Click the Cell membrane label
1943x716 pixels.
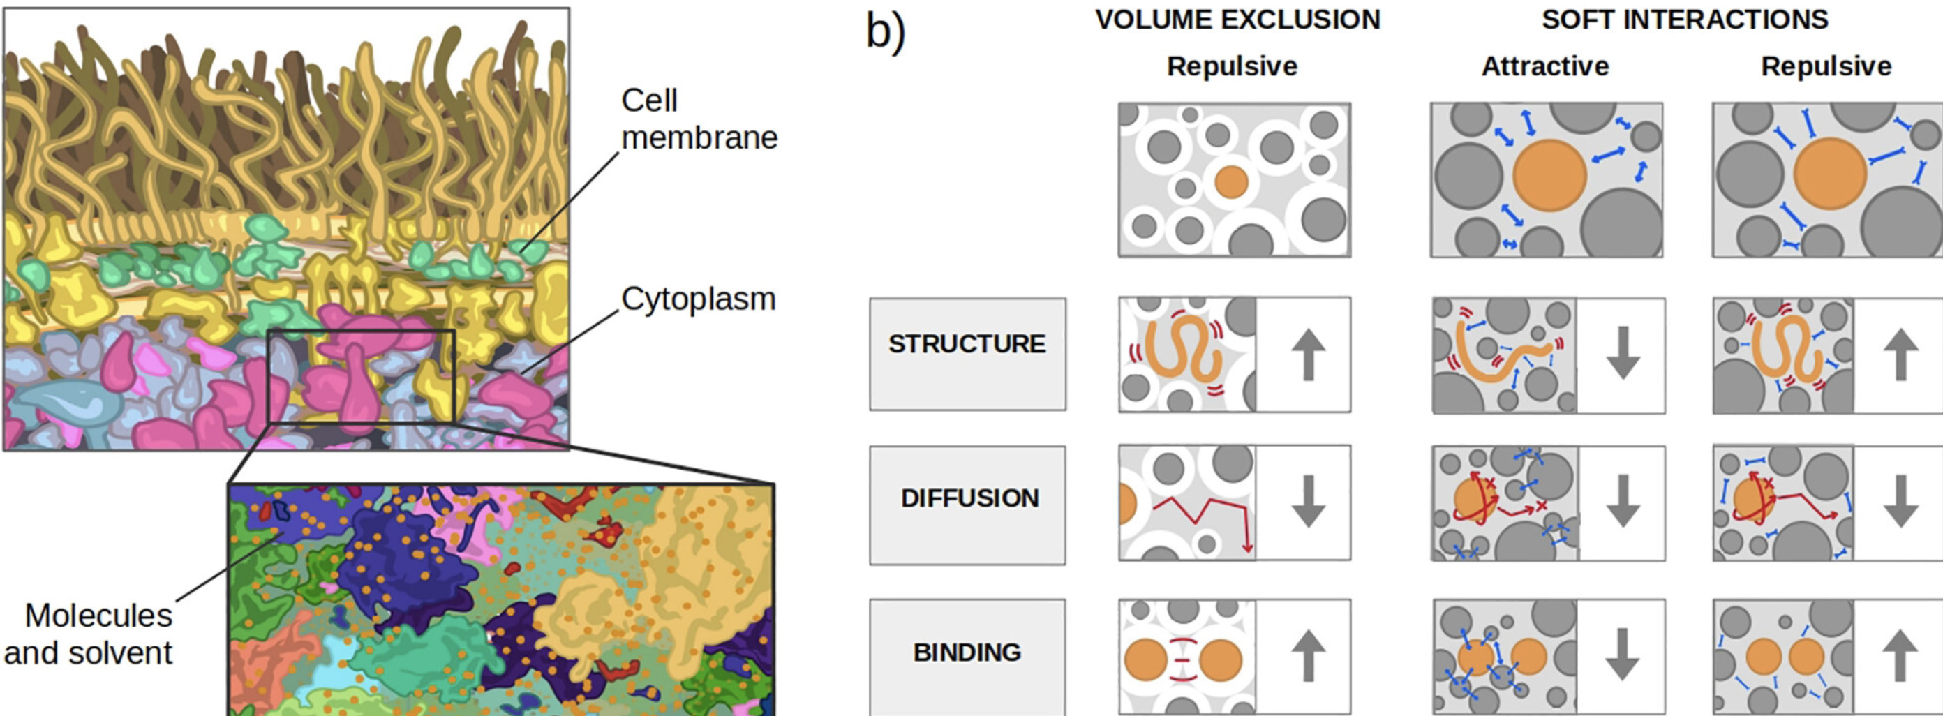click(698, 119)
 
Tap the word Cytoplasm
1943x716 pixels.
click(698, 299)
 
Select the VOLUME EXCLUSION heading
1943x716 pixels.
click(1237, 20)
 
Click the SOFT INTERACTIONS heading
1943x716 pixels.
click(1684, 20)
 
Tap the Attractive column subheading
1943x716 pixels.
click(1544, 66)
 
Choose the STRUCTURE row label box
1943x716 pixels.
click(967, 353)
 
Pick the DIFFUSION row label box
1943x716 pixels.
click(967, 504)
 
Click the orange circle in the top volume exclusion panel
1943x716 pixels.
click(1232, 183)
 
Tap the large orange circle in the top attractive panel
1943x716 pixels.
click(1549, 176)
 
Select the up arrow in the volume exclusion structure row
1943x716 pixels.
click(1308, 355)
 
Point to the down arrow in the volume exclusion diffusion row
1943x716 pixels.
click(1308, 501)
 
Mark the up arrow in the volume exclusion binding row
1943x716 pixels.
click(1308, 655)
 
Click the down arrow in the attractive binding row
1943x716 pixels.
click(1622, 655)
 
